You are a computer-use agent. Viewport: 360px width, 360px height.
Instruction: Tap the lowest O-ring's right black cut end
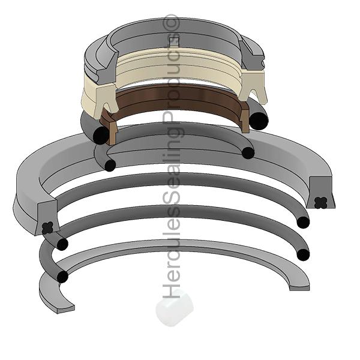[x=304, y=254]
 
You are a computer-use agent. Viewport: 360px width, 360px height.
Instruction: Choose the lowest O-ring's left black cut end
[x=61, y=276]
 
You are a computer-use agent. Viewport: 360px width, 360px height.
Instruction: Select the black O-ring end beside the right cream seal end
[x=260, y=120]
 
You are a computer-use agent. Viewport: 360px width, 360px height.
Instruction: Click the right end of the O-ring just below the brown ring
[x=248, y=152]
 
